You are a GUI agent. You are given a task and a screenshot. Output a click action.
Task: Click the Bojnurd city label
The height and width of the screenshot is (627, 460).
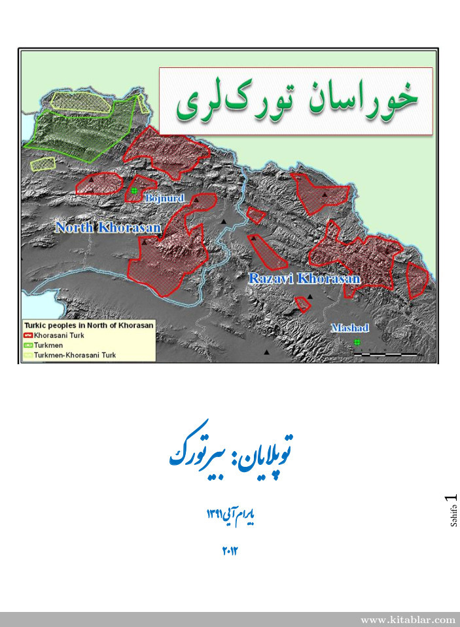165,197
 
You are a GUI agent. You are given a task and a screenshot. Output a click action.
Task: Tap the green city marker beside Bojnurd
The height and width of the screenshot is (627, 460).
134,191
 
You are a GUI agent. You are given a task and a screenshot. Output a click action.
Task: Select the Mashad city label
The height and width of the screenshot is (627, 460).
350,328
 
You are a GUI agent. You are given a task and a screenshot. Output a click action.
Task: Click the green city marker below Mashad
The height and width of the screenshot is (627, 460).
357,342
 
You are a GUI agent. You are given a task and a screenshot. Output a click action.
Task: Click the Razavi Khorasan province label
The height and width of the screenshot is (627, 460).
305,279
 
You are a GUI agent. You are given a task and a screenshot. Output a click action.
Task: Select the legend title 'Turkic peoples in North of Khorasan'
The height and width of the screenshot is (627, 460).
88,324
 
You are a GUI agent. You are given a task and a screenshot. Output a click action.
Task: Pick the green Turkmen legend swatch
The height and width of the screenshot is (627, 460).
28,345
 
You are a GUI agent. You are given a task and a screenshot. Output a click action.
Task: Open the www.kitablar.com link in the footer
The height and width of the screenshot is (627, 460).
408,619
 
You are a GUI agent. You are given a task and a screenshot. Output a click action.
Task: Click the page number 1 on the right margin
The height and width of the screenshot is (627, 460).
450,500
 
